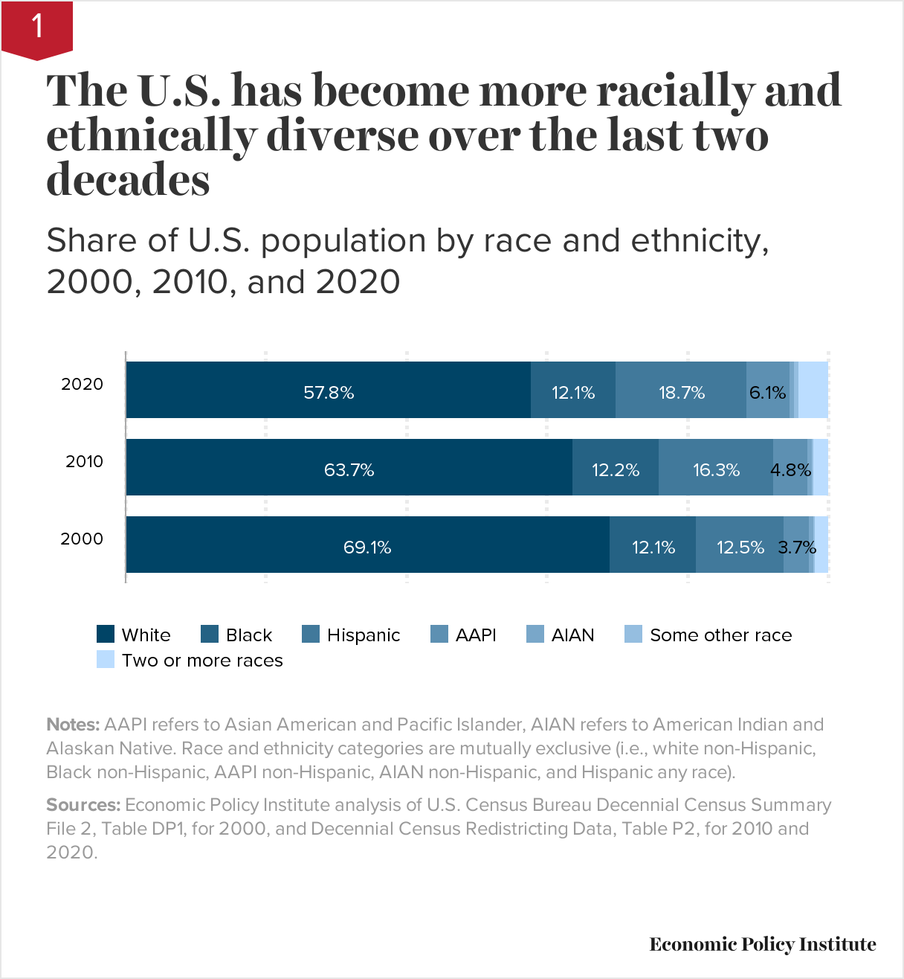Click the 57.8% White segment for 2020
328,391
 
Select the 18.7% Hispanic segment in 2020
681,391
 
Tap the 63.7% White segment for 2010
349,468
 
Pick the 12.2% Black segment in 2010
615,468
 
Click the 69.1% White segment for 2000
367,545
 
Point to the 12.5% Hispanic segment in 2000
740,545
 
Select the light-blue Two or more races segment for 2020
813,391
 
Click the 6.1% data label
767,393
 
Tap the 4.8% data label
790,470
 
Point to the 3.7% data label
797,548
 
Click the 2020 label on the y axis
82,385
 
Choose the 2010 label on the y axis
84,462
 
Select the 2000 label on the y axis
82,539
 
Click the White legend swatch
106,635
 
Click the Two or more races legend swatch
106,660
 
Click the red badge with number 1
37,28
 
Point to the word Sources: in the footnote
83,805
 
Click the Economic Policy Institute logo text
763,945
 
